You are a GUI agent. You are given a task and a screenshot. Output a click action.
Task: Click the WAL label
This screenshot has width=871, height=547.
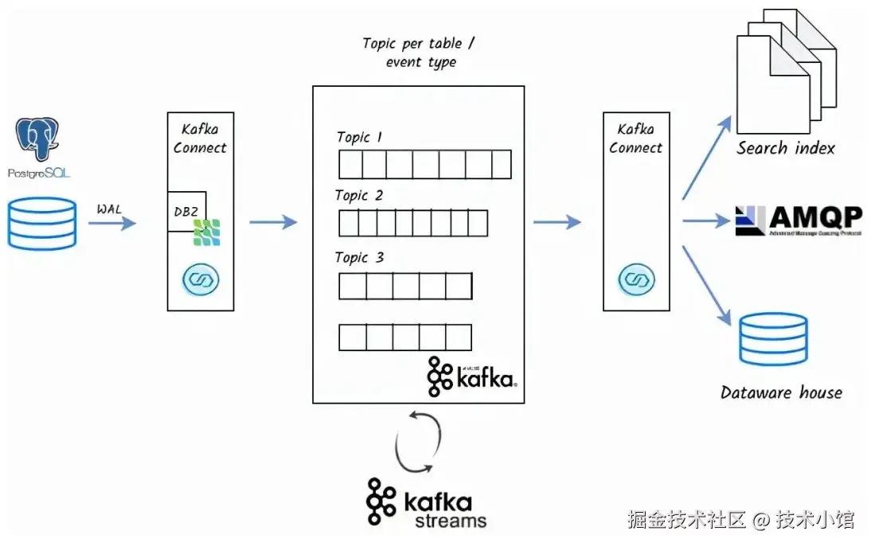click(110, 209)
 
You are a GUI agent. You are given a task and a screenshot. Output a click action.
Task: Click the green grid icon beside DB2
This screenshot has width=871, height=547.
click(207, 231)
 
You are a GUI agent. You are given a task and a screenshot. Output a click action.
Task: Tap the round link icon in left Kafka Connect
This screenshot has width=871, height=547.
click(201, 279)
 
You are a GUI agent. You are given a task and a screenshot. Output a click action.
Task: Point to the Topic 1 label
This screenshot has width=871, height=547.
click(359, 137)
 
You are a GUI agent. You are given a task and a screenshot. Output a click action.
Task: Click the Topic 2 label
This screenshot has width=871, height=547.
click(358, 195)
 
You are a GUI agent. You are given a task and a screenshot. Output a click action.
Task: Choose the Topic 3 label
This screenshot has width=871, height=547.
click(359, 257)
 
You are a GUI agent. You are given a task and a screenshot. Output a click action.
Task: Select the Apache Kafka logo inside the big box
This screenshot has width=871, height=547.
click(472, 377)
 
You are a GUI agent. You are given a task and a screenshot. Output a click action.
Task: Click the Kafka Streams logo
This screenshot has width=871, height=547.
click(427, 503)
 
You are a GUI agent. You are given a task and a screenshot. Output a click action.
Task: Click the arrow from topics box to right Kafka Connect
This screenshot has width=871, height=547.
click(557, 221)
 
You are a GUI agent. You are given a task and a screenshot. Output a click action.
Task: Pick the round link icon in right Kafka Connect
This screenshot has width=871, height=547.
click(635, 279)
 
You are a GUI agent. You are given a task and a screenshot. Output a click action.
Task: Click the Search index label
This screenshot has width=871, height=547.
click(785, 148)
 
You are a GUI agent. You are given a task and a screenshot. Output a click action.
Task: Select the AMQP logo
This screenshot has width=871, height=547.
click(798, 221)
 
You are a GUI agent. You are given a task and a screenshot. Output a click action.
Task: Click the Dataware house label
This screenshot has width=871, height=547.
click(781, 392)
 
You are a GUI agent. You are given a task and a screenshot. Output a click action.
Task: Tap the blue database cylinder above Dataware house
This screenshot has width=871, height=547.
click(772, 338)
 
